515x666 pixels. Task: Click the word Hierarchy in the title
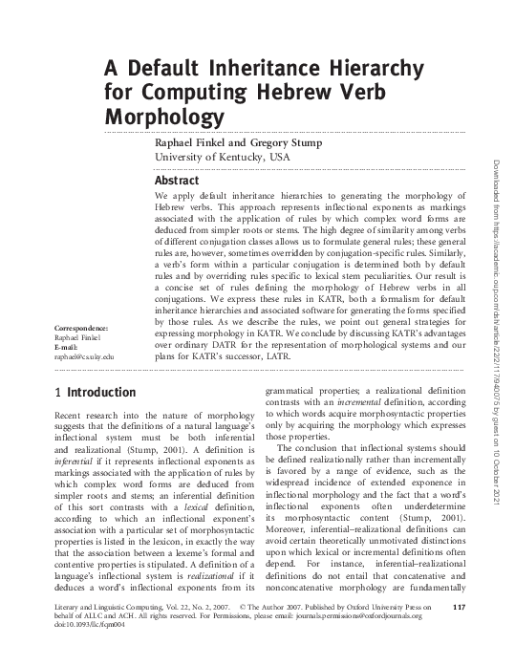[x=361, y=69]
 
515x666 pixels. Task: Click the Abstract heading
[x=177, y=181]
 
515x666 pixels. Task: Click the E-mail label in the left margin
[x=68, y=347]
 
